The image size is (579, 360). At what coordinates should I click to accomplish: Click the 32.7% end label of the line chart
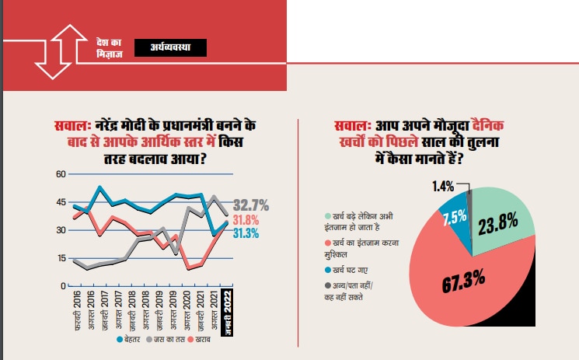point(251,206)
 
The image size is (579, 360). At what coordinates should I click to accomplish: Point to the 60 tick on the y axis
point(61,174)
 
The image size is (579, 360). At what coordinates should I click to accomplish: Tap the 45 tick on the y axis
point(61,202)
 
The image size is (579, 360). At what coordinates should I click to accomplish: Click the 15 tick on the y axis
point(61,258)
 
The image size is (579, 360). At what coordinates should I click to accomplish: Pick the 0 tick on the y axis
point(63,286)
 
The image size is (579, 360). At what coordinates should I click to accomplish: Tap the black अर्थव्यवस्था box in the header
point(171,48)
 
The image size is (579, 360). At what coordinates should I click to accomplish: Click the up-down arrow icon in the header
point(61,51)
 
